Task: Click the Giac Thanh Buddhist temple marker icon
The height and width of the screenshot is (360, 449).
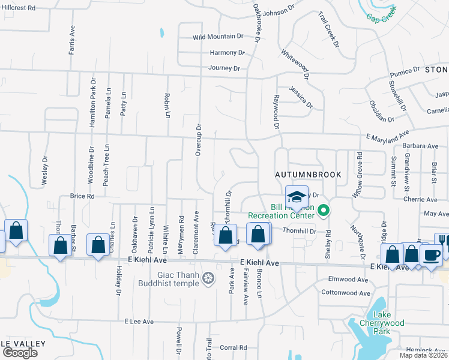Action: click(x=208, y=278)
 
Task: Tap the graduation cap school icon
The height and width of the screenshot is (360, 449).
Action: click(x=297, y=196)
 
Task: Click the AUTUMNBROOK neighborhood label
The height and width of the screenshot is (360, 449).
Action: click(x=308, y=175)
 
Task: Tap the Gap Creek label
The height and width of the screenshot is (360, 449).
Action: click(x=383, y=16)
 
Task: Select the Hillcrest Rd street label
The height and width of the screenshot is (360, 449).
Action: click(x=19, y=8)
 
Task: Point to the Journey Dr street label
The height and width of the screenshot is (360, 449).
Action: click(x=224, y=68)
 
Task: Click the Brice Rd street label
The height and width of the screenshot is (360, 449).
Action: click(x=82, y=196)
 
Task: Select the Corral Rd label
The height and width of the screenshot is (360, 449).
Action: click(x=234, y=347)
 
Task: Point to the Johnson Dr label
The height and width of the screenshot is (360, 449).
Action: click(x=279, y=12)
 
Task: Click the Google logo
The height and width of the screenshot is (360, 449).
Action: click(x=20, y=352)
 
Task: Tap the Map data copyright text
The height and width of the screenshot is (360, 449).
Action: click(x=423, y=355)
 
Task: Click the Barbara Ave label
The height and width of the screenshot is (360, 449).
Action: click(x=420, y=146)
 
